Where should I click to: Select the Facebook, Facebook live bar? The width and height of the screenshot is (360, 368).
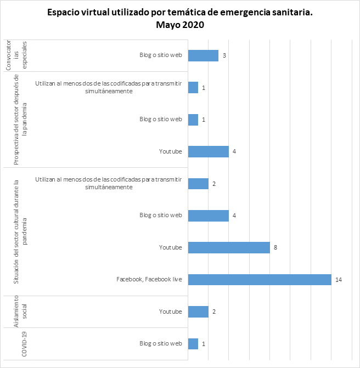click(260, 280)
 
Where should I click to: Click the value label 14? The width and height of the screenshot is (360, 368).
click(339, 280)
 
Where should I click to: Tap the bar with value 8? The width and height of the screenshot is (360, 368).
click(229, 248)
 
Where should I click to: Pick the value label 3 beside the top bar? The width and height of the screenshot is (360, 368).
click(224, 55)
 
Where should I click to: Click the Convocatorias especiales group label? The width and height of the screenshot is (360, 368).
click(16, 55)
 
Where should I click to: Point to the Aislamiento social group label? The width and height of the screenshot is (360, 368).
click(16, 312)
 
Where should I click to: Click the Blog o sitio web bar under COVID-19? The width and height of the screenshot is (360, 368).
click(193, 344)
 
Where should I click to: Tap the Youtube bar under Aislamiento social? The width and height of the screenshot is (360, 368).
click(198, 312)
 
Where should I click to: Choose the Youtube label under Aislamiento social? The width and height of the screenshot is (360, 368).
click(170, 312)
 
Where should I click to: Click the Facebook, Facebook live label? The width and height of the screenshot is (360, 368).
click(149, 280)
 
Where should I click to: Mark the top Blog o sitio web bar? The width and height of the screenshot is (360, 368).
click(203, 55)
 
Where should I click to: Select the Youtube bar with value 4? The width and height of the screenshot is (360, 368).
click(209, 151)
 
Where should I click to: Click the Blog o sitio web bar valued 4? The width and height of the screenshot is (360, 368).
click(209, 216)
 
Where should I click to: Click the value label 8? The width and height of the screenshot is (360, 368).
click(275, 248)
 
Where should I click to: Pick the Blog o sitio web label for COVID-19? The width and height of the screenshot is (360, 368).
click(160, 344)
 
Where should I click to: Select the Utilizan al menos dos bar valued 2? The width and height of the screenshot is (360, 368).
click(198, 184)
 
